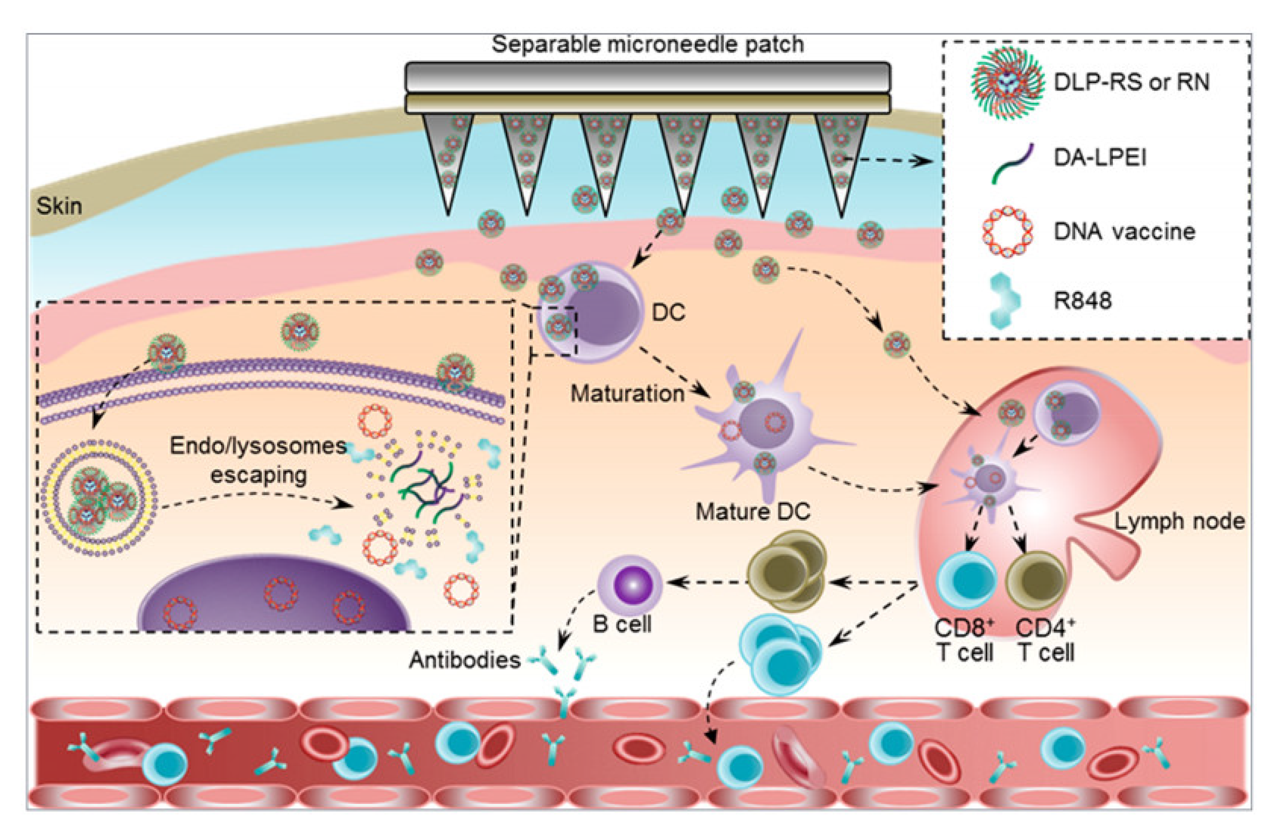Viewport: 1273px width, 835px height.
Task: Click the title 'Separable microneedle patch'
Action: click(647, 44)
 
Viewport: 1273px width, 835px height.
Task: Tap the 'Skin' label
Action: click(59, 206)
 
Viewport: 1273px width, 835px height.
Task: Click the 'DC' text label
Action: click(668, 312)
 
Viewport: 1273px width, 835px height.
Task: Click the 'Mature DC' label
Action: click(753, 512)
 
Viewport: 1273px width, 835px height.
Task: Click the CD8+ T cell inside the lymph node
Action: click(967, 581)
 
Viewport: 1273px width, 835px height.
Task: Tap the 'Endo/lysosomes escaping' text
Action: click(259, 460)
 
